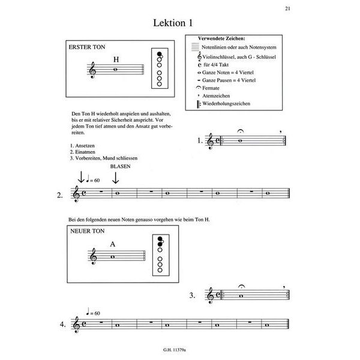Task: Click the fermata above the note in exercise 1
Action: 240,133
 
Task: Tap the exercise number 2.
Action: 59,195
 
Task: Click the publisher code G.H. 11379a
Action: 179,350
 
